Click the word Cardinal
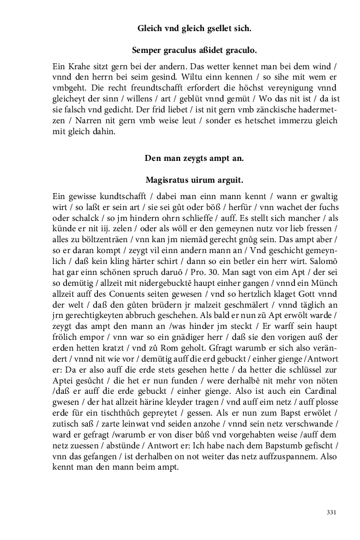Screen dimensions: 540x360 click(x=320, y=393)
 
